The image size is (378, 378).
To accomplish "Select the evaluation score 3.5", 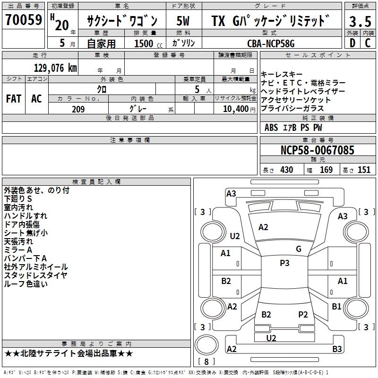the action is [x=360, y=21].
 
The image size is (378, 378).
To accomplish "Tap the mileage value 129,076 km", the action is [x=55, y=68].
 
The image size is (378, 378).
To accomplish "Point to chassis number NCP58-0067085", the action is [x=317, y=150].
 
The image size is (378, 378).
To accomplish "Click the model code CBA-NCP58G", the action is [x=271, y=43].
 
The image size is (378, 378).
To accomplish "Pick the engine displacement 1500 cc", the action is [x=146, y=43].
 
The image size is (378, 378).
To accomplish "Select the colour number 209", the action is [x=78, y=109].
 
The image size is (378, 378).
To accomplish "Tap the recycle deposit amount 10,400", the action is [x=235, y=109].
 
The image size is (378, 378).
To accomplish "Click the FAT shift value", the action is [x=14, y=98].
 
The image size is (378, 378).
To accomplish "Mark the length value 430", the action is [x=287, y=170].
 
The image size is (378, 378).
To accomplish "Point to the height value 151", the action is [x=364, y=170].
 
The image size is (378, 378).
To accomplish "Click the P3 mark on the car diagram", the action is [x=284, y=263].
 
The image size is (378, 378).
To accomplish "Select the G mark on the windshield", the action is [x=299, y=249].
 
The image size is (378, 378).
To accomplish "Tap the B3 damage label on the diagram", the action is [x=337, y=349].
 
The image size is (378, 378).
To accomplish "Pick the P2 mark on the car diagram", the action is [x=303, y=314].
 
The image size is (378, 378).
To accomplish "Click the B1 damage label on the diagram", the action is [x=336, y=306].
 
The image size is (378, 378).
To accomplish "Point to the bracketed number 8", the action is [x=206, y=362].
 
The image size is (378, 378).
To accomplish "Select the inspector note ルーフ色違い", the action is [x=26, y=284].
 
